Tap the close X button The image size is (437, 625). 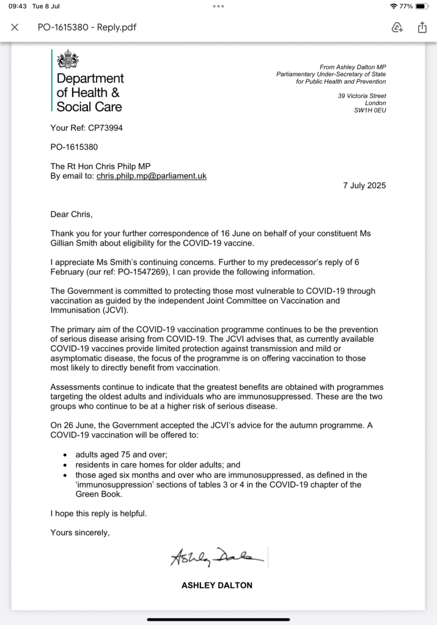click(15, 27)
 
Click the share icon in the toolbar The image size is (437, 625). click(422, 27)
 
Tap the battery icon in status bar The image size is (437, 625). click(423, 6)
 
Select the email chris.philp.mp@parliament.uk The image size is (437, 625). click(152, 176)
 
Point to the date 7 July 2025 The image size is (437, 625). click(364, 186)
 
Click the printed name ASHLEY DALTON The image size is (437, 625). click(217, 585)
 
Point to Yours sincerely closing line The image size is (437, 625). click(80, 533)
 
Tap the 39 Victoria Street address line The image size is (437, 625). click(362, 96)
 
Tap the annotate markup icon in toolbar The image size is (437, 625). click(397, 27)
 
